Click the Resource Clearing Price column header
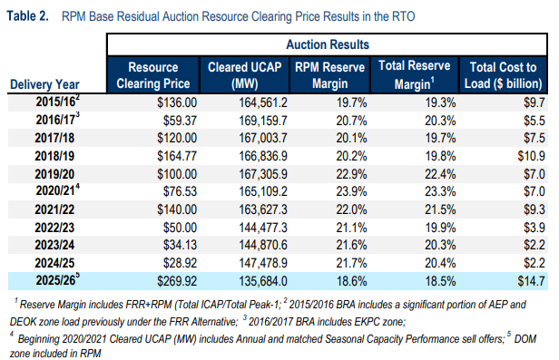coord(152,74)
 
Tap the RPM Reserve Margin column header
coord(334,74)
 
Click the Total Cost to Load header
coord(504,74)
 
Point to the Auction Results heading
coord(328,44)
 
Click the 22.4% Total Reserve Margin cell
coord(436,172)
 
